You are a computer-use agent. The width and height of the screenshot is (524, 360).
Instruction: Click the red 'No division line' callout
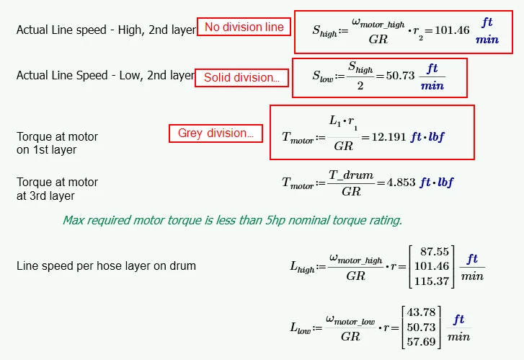click(x=244, y=27)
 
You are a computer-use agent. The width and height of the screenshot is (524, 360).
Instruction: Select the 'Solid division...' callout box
click(x=241, y=78)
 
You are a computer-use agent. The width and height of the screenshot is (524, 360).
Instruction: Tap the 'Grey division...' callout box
click(x=216, y=133)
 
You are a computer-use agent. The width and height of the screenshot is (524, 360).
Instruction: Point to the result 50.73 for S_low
click(x=400, y=76)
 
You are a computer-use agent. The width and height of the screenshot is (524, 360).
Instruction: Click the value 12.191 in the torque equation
click(x=389, y=137)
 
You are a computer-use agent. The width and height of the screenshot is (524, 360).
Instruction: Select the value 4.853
click(x=401, y=183)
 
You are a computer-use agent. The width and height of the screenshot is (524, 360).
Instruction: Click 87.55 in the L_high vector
click(x=435, y=251)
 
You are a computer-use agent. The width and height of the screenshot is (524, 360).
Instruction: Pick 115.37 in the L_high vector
click(x=432, y=281)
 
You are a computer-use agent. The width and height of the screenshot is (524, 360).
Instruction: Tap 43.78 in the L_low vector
click(x=421, y=312)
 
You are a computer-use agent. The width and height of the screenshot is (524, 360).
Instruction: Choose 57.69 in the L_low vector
click(x=421, y=341)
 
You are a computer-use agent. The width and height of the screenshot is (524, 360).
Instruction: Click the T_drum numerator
click(x=351, y=175)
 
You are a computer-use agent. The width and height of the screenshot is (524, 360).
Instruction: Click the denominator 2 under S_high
click(x=360, y=86)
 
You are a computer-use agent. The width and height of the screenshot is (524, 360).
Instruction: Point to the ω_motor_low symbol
click(x=350, y=320)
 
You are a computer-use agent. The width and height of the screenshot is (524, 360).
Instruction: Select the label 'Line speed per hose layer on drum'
click(x=106, y=266)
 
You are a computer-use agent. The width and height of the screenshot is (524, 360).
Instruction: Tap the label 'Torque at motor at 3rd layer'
click(x=57, y=189)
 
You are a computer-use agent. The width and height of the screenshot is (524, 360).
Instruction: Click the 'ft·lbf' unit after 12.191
click(x=427, y=137)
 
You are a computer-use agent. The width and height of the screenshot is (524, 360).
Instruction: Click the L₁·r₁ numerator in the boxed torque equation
click(x=343, y=122)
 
